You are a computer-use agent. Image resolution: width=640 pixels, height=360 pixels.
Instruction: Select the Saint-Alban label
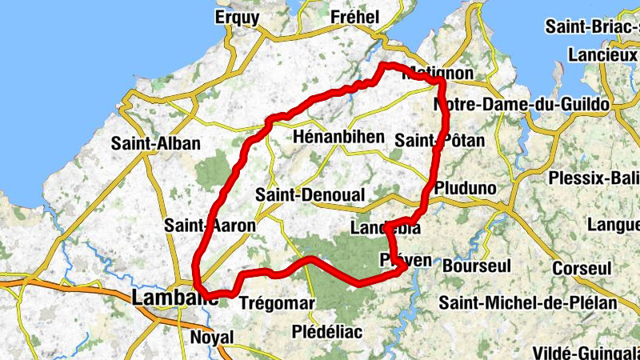click(x=156, y=144)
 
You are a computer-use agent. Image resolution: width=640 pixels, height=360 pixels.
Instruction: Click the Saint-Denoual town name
click(x=310, y=195)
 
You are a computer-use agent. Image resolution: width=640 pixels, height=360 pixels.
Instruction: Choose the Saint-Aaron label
click(x=210, y=226)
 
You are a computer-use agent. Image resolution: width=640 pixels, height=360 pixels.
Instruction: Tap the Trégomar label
click(x=277, y=304)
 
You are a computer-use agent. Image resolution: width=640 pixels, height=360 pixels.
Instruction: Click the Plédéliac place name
click(x=327, y=331)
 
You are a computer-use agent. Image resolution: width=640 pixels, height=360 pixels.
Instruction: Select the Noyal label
click(x=211, y=338)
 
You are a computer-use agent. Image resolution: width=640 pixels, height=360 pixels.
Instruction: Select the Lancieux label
click(x=602, y=54)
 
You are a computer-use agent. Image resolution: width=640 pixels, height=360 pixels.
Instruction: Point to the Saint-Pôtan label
click(x=440, y=141)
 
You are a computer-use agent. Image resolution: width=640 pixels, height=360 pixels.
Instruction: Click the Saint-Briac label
click(x=592, y=26)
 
